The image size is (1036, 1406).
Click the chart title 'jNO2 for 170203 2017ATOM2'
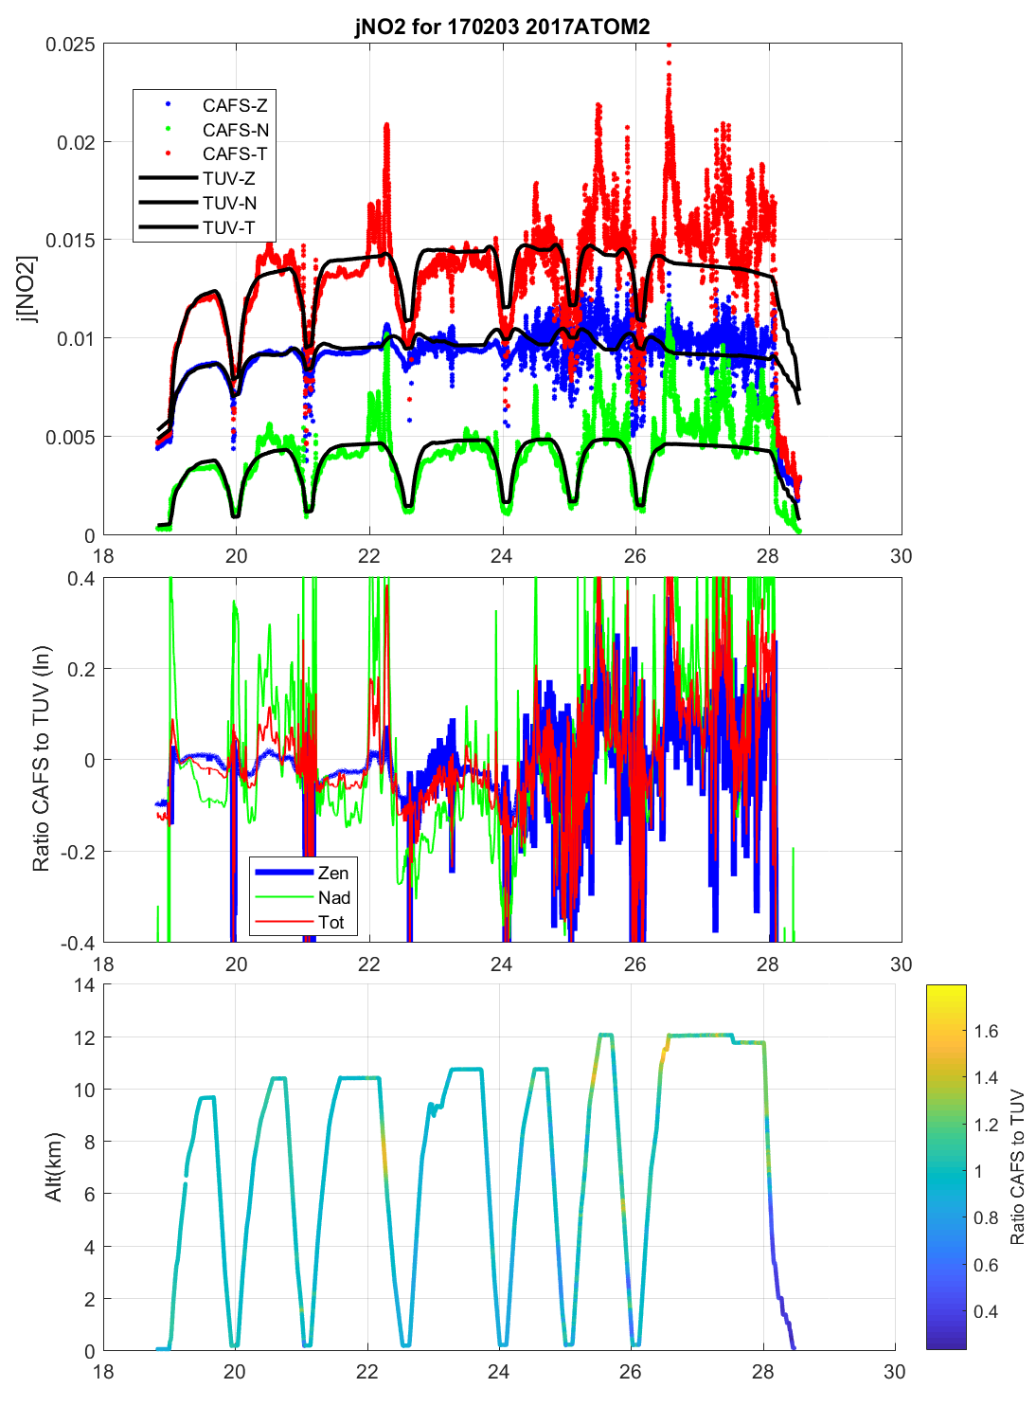(502, 26)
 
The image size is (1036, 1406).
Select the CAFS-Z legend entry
(234, 105)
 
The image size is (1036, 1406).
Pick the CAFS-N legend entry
(235, 130)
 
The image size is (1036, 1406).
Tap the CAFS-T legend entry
(234, 153)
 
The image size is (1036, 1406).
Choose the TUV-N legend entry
(228, 203)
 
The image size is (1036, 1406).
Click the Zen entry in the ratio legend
(332, 874)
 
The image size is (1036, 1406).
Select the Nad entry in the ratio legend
(333, 898)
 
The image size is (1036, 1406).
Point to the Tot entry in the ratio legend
(330, 923)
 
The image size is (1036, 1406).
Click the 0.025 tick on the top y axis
(70, 45)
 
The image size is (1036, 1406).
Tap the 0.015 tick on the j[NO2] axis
(70, 241)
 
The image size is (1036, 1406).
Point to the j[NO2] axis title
(27, 289)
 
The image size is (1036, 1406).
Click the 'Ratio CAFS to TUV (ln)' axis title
(41, 759)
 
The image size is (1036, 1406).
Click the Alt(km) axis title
(53, 1167)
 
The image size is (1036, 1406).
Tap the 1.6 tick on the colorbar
(986, 1032)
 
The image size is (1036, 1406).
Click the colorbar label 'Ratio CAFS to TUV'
(1017, 1167)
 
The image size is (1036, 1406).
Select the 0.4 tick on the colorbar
(986, 1312)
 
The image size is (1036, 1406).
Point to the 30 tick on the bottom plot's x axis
(894, 1371)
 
